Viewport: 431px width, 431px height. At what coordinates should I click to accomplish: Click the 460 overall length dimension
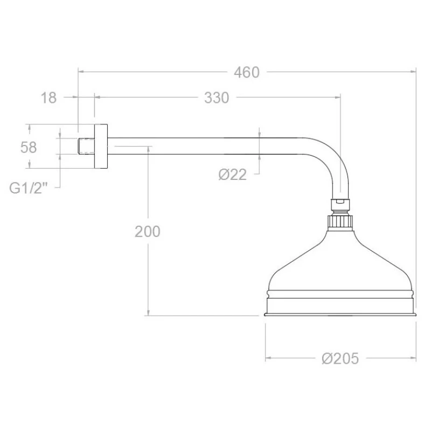[x=247, y=73]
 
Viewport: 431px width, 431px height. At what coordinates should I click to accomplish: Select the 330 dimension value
[x=217, y=98]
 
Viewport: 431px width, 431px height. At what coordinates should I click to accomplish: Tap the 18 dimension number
[x=48, y=98]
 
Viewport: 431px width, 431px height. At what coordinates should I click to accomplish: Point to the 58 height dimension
[x=29, y=147]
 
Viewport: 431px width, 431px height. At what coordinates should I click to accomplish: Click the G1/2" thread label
[x=29, y=188]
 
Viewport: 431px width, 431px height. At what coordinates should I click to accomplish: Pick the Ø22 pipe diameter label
[x=233, y=175]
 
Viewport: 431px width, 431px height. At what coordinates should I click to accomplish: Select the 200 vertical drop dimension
[x=148, y=232]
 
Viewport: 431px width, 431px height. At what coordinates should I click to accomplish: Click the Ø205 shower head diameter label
[x=340, y=358]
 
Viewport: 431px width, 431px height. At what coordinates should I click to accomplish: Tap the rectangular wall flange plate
[x=101, y=146]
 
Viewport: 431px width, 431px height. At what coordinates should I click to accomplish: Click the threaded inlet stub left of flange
[x=86, y=146]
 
